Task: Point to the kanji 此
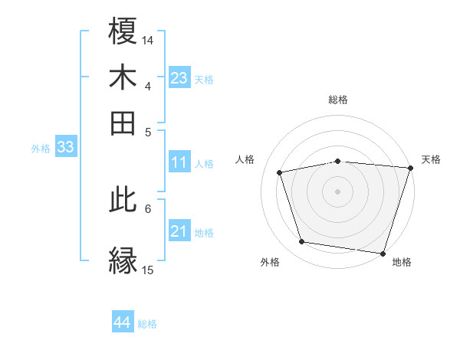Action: pos(123,200)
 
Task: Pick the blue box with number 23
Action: pos(179,78)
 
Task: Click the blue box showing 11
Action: pos(179,162)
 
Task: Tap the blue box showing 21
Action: pos(179,231)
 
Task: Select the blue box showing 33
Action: pos(65,148)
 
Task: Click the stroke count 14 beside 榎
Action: pos(148,39)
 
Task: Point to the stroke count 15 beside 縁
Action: pos(148,270)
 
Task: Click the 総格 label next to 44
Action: pos(147,324)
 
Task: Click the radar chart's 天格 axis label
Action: pos(431,159)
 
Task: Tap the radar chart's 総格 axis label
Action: pos(338,100)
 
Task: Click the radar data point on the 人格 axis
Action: pos(280,172)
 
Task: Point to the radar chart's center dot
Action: pos(337,191)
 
